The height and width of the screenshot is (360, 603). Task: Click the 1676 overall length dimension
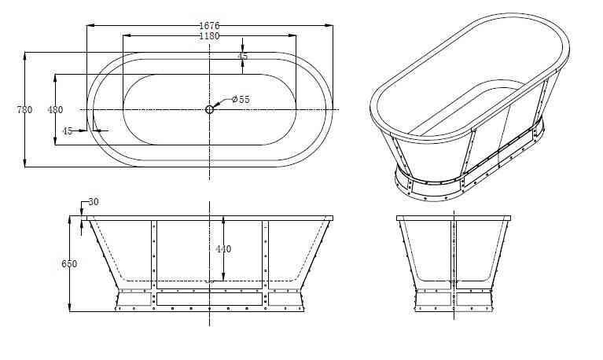[209, 26]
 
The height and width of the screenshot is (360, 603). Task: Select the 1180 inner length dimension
[209, 36]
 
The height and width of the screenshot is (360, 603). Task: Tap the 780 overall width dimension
[24, 109]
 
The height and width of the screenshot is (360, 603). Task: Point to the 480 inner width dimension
[55, 109]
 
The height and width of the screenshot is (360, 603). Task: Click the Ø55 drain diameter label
[241, 100]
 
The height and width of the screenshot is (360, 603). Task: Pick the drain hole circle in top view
[209, 109]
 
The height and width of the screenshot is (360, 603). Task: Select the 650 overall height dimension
[69, 264]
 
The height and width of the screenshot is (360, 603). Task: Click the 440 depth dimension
[223, 249]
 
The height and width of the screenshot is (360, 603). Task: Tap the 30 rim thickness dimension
[94, 201]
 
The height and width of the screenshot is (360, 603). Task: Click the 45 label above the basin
[242, 56]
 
